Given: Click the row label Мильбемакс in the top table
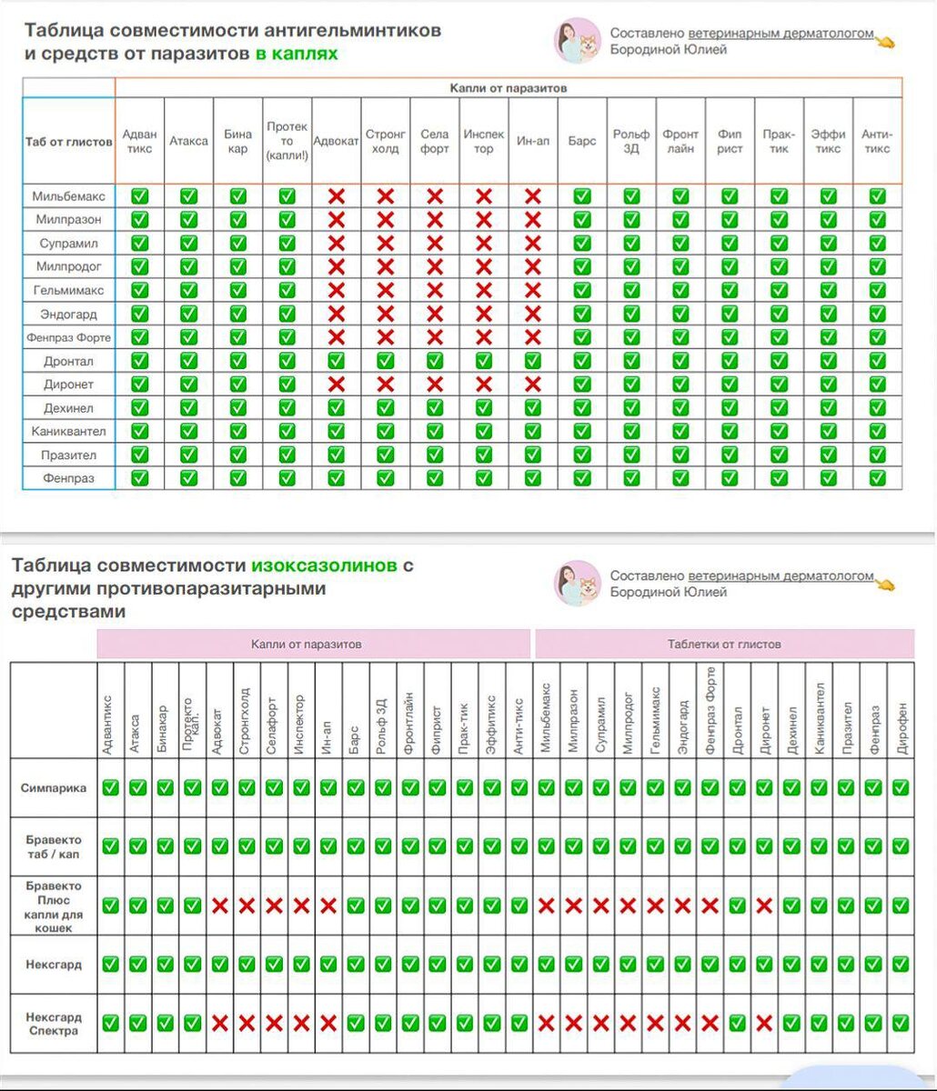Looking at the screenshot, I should [68, 195].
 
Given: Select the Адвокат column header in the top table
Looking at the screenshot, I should [336, 142].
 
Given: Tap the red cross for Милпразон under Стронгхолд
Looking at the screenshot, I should [385, 219].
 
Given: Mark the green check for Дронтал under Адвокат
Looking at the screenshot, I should [336, 361].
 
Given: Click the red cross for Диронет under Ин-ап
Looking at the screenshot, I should [532, 385].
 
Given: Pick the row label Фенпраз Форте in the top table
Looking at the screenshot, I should [68, 337].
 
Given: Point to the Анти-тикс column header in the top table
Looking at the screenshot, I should [877, 142].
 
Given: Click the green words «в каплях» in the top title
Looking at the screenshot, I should [297, 54].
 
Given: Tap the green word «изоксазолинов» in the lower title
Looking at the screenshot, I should [324, 566].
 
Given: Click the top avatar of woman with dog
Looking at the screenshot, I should [578, 40].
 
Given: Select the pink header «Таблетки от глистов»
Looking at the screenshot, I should [724, 644].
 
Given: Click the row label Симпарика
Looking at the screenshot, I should [54, 787].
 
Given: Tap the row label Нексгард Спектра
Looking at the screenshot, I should [54, 1024].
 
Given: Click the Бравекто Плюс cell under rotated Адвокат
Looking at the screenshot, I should [219, 906].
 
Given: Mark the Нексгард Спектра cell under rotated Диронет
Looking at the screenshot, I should [764, 1024].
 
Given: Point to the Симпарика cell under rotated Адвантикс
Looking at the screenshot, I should [110, 787].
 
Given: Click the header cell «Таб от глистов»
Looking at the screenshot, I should [68, 142].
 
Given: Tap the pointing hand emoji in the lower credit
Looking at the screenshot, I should [884, 583].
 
